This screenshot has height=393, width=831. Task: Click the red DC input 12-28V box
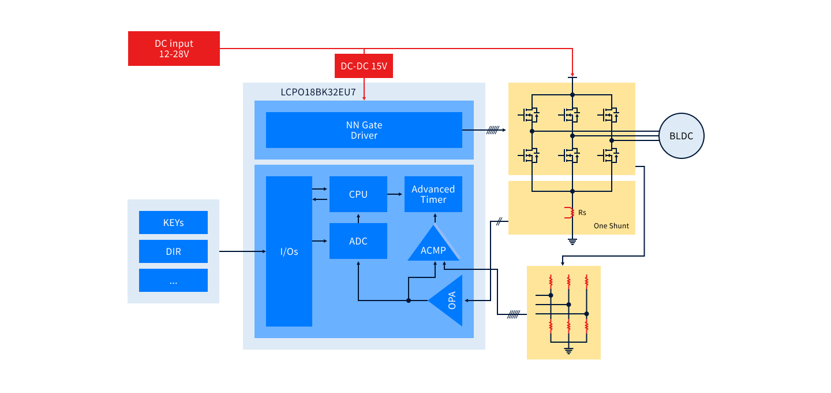point(174,49)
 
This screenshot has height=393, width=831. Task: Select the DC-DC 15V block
point(364,66)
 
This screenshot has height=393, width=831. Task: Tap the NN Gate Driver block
point(364,130)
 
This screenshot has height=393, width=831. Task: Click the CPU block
point(358,194)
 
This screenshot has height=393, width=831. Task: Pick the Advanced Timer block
point(433,194)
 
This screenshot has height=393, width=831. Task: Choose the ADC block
point(358,241)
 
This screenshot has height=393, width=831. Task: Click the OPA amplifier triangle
point(450,301)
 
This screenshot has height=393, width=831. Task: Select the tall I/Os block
point(289,251)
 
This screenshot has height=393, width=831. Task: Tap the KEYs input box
point(173,223)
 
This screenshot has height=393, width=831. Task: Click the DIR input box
point(173,251)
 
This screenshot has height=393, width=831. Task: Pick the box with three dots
point(173,280)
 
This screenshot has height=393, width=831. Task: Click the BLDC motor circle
point(682,136)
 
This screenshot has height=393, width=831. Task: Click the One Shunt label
point(611,226)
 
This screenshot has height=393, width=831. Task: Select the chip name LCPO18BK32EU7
point(318,92)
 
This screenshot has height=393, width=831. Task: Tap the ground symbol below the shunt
point(572,241)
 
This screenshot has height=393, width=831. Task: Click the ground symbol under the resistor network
point(568,349)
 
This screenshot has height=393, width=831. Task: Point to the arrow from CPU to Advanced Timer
point(395,194)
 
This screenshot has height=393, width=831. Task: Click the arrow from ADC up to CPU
point(358,217)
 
